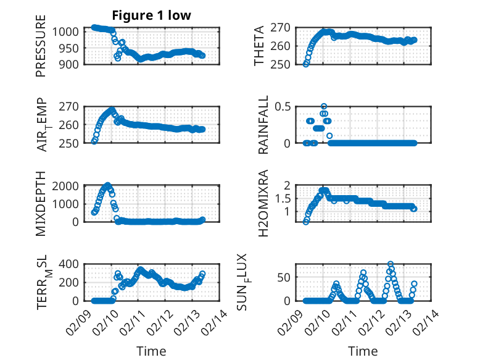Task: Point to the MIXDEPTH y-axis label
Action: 41,204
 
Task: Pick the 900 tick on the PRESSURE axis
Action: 69,64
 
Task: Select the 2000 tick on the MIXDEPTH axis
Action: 66,185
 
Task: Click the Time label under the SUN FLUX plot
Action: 363,351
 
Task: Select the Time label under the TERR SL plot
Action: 151,351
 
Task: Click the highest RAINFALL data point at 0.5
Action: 324,107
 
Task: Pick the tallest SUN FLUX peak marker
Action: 391,264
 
